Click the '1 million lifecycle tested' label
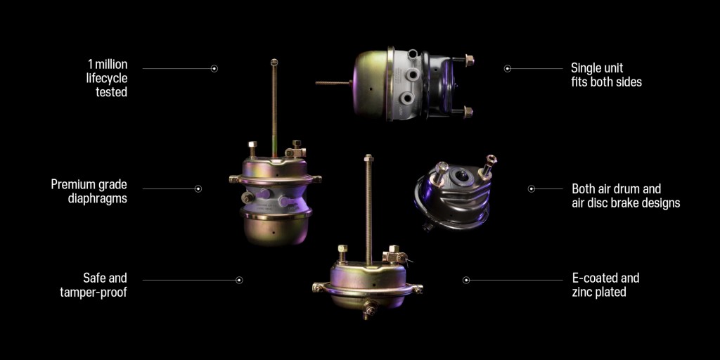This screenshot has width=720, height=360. [107, 78]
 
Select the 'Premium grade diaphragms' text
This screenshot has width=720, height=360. [89, 191]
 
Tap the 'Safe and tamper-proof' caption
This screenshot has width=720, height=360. [94, 285]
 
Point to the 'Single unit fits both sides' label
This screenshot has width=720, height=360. [606, 75]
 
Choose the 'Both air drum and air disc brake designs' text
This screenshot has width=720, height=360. [626, 195]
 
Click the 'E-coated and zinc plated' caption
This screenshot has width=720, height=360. [605, 285]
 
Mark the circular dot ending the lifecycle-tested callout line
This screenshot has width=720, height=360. [214, 68]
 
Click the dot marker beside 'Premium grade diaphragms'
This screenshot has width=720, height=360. [198, 188]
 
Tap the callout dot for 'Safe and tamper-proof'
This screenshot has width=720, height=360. [239, 280]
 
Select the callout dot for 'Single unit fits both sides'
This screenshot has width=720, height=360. [508, 68]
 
